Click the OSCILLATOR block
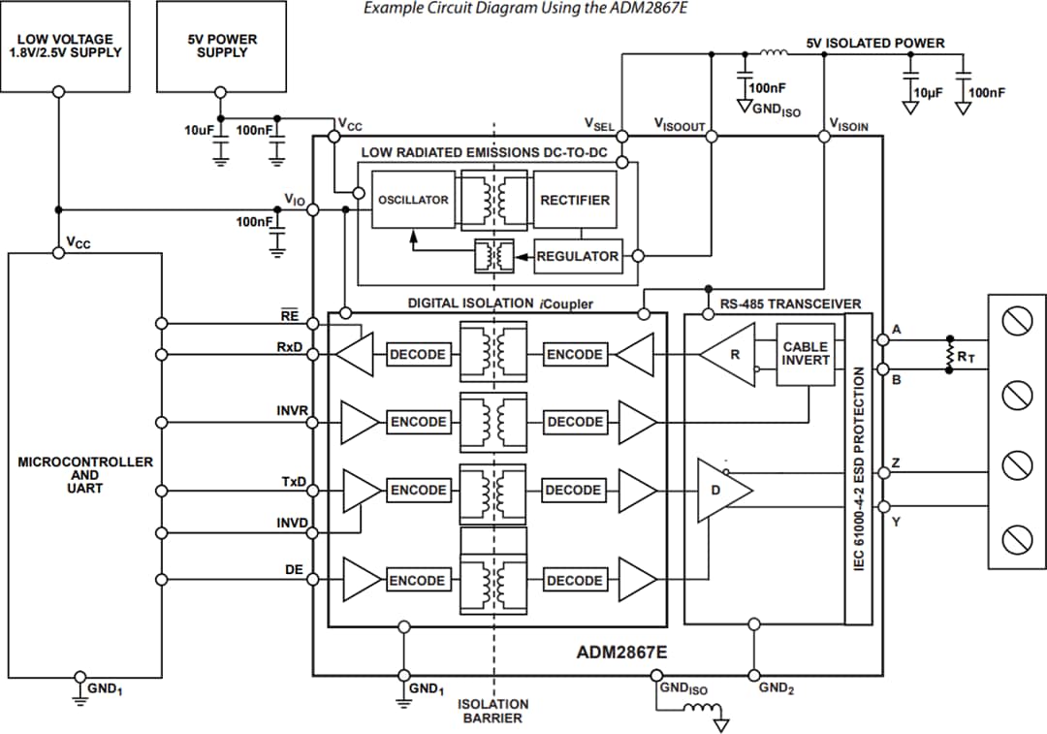tap(414, 201)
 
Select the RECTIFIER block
tap(575, 201)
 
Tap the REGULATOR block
tap(578, 256)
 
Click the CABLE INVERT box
tap(806, 354)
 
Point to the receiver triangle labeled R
tap(731, 355)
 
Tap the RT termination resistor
tap(950, 355)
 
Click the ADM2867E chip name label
tap(621, 652)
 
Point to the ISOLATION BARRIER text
tap(493, 711)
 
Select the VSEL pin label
tap(599, 125)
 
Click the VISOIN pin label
tap(848, 125)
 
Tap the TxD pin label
tap(293, 482)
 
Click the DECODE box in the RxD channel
tap(418, 355)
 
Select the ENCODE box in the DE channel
tap(418, 581)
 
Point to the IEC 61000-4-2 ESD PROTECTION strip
tap(858, 469)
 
